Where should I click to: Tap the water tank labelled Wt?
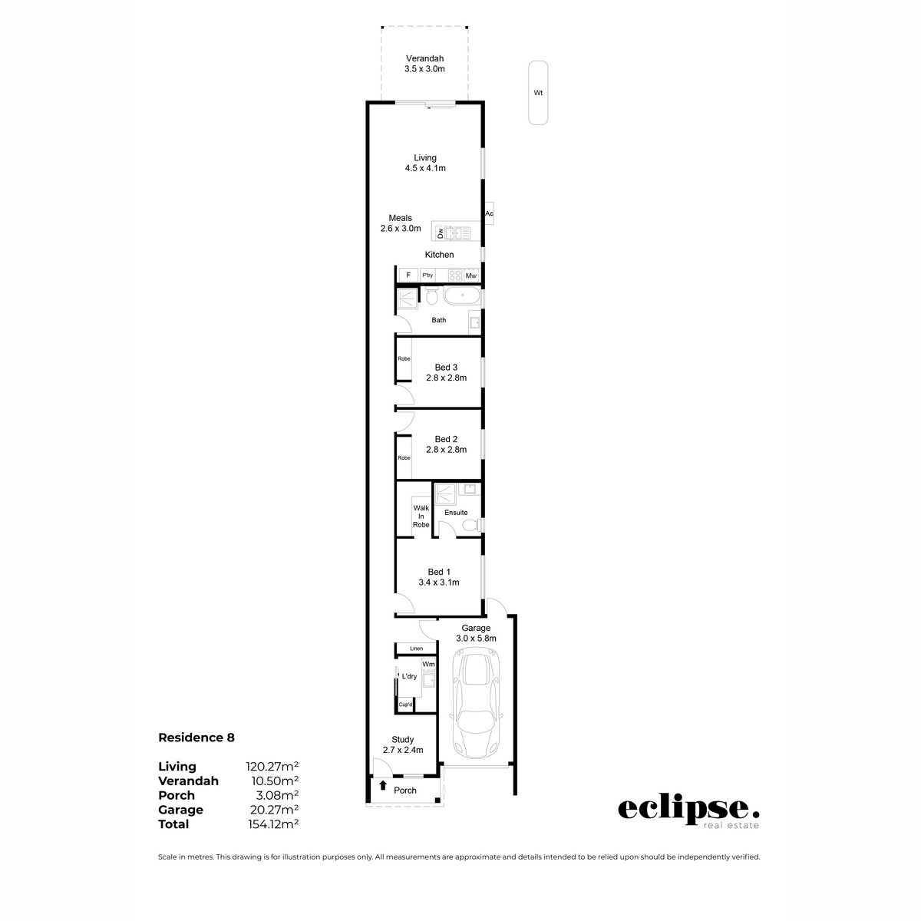[538, 93]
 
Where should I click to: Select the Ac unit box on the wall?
[489, 213]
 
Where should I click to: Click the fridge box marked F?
[408, 276]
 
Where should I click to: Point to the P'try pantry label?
[427, 276]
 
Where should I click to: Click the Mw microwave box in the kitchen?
[470, 276]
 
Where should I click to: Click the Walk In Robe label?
[421, 516]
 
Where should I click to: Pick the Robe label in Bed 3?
[404, 358]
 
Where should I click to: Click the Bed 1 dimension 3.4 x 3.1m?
[439, 583]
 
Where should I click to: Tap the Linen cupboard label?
[416, 649]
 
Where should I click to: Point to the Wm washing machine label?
[428, 664]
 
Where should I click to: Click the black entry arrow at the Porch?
[382, 786]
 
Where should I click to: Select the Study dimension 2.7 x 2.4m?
[403, 751]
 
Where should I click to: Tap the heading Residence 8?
[196, 738]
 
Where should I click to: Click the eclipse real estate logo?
[688, 812]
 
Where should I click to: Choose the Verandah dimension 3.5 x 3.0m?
[424, 69]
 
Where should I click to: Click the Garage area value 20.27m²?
[272, 810]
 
